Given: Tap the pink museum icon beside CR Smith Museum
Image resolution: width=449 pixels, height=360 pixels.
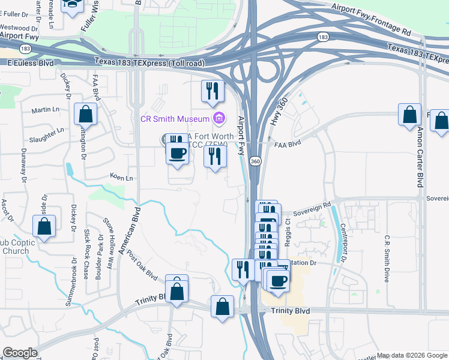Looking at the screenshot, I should tap(219, 118).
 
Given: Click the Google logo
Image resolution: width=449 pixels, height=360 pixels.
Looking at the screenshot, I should tap(20, 353).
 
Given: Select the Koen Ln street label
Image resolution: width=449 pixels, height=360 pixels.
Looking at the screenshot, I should tap(121, 178).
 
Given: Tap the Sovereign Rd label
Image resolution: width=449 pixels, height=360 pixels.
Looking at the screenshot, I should tap(311, 208).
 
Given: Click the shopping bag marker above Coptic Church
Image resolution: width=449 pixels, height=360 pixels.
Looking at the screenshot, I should tap(44, 226).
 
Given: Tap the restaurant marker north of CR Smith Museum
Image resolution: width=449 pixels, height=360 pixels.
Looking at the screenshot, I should tap(212, 91).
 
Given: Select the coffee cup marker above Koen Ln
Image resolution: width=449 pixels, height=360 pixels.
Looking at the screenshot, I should tap(177, 152).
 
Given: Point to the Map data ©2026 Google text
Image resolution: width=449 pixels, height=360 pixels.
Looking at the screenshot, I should tap(411, 355).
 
